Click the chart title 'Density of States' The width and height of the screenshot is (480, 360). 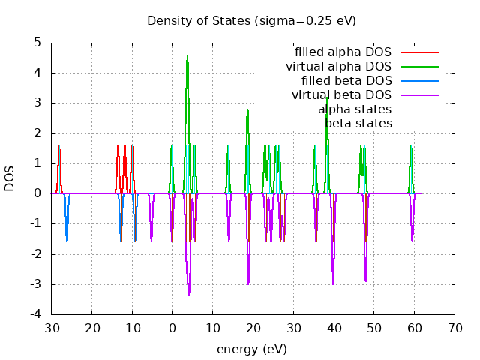point(251,20)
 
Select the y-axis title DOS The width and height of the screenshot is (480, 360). point(10,178)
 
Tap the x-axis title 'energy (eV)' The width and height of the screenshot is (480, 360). point(251,349)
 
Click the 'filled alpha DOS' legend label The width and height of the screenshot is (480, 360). point(343,52)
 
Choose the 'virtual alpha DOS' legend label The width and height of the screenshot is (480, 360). point(338,67)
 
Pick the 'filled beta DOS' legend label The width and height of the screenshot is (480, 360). point(346,80)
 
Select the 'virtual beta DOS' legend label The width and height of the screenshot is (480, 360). point(341,94)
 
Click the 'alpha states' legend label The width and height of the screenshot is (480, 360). point(355,109)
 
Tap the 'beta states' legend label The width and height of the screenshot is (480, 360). point(358,123)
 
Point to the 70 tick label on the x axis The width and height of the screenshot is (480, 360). point(454,328)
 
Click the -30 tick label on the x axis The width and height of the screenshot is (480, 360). point(51,328)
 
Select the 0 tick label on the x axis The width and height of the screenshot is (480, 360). point(172,328)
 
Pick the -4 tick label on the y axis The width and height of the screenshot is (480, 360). point(35,314)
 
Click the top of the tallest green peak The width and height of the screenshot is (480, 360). point(187,56)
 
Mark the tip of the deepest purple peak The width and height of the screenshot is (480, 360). point(189,294)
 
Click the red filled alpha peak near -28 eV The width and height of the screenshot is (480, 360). point(59,146)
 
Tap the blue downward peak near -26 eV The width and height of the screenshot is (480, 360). point(67,241)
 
